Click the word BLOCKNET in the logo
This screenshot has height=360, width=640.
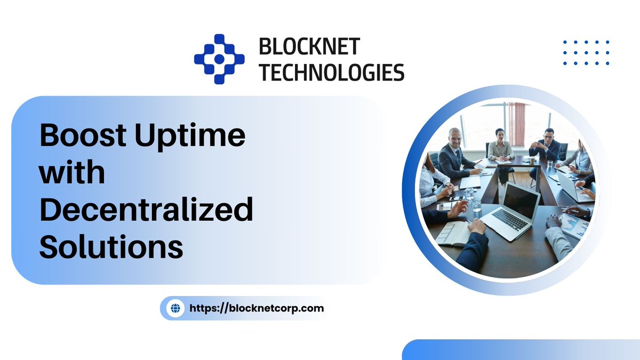click(x=309, y=47)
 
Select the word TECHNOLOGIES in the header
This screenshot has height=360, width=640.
click(x=331, y=71)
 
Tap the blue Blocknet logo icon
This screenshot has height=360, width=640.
click(x=219, y=59)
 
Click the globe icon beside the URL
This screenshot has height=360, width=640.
click(x=175, y=308)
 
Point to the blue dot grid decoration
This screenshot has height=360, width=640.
click(x=586, y=52)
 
